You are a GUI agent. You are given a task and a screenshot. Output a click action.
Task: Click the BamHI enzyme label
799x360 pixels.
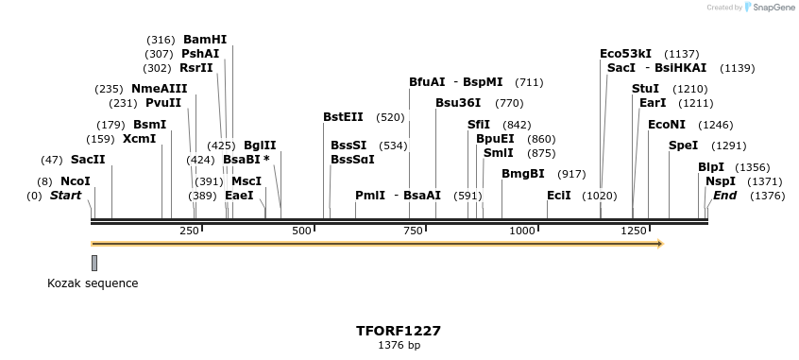coord(205,40)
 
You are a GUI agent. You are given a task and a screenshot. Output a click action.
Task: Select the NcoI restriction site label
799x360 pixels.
coord(76,181)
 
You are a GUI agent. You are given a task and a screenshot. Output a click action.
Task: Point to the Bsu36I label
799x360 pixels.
coord(458,103)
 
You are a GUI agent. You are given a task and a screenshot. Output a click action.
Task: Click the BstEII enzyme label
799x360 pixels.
coord(343,117)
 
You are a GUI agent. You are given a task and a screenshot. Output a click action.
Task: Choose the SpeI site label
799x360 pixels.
coord(683,146)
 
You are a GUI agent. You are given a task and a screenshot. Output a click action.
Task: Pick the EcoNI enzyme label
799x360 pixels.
coord(666,125)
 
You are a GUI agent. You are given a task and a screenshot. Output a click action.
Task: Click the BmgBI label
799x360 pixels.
coord(523,174)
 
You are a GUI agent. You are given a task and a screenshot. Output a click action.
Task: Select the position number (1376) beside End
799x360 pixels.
coord(767,196)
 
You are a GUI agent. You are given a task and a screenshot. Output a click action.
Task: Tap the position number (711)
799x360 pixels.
coord(529,82)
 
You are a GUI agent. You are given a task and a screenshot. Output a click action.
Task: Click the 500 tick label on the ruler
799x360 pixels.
coord(302,231)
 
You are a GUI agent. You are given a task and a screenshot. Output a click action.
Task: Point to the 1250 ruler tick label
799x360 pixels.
coord(633,231)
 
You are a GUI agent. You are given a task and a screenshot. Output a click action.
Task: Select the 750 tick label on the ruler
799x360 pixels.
coord(413,231)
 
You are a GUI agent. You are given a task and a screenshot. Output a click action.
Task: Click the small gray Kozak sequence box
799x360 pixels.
coord(94,262)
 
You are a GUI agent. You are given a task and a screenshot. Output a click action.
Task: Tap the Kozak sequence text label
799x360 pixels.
coord(93,283)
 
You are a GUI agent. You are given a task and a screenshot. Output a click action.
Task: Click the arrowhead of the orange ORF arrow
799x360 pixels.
coord(660,244)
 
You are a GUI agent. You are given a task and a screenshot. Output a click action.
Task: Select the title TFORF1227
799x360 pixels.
coord(399,332)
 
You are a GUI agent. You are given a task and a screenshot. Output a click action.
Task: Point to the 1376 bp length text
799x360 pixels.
coord(399,346)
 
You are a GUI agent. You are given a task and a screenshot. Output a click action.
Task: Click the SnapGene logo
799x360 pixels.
coord(770,8)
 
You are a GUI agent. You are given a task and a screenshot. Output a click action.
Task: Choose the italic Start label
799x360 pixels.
coord(65,196)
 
